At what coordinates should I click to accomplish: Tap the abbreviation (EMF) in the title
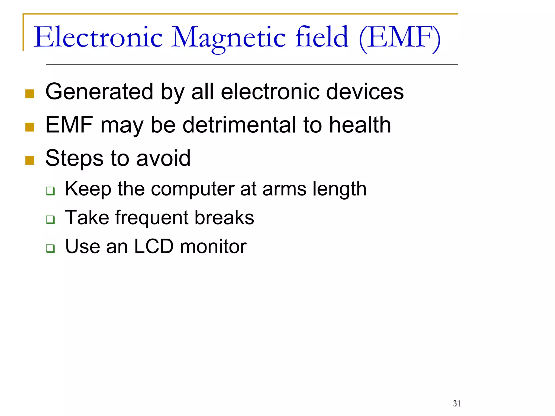pyautogui.click(x=400, y=38)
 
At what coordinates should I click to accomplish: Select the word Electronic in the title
pyautogui.click(x=98, y=37)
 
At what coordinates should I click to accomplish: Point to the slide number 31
pyautogui.click(x=457, y=403)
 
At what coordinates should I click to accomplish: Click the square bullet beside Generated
pyautogui.click(x=30, y=94)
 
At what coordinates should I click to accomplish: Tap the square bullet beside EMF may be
pyautogui.click(x=30, y=127)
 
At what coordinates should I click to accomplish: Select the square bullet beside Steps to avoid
pyautogui.click(x=30, y=160)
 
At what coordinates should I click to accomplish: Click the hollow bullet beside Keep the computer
pyautogui.click(x=50, y=191)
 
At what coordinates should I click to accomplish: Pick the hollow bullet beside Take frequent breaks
pyautogui.click(x=50, y=219)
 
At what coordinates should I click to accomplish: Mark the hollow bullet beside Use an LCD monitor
pyautogui.click(x=50, y=248)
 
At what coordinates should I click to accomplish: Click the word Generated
pyautogui.click(x=99, y=92)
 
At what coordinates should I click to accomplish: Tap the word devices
pyautogui.click(x=365, y=92)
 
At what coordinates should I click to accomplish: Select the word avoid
pyautogui.click(x=163, y=158)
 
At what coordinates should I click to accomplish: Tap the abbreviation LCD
pyautogui.click(x=154, y=246)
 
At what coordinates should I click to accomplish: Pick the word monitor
pyautogui.click(x=213, y=246)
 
